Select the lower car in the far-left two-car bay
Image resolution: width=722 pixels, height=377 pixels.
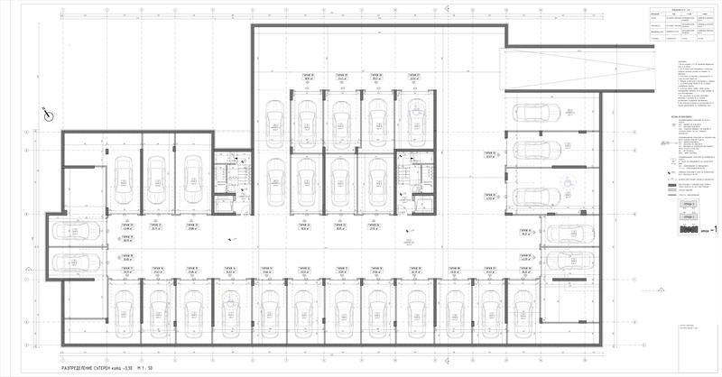pos(75,262)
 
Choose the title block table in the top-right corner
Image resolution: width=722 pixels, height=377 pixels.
pos(682,26)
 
